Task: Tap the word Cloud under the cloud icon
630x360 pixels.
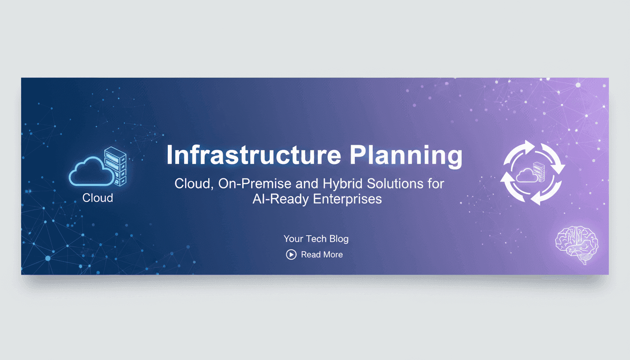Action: [97, 198]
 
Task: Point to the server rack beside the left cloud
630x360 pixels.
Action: [115, 165]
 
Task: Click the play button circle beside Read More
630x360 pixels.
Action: [291, 255]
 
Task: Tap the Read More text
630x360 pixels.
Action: [322, 255]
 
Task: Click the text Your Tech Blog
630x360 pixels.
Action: [316, 239]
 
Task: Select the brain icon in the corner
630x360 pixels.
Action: [577, 244]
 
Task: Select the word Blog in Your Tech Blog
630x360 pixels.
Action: [338, 239]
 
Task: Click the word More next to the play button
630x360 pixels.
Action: [332, 255]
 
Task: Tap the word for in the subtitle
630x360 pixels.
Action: [435, 183]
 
